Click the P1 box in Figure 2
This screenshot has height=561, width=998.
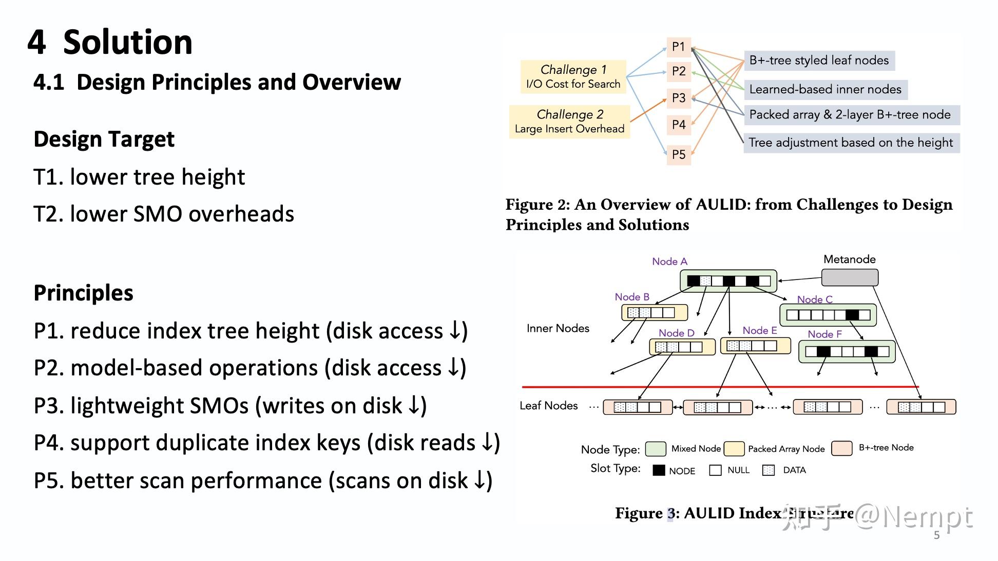(679, 47)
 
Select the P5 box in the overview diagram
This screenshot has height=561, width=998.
(679, 154)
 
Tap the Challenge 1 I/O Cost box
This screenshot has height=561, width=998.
(573, 77)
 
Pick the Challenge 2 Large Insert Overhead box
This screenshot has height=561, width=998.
(569, 122)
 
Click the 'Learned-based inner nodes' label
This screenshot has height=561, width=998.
(825, 89)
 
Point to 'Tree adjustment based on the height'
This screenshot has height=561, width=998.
(851, 143)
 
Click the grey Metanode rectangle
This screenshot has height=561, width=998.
(850, 277)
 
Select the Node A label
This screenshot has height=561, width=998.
(669, 262)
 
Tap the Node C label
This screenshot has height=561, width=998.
(815, 299)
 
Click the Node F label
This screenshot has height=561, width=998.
(824, 334)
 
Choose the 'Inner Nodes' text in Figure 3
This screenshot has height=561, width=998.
(558, 328)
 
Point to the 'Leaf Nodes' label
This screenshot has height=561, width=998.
(548, 406)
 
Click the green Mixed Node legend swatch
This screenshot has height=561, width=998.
(656, 449)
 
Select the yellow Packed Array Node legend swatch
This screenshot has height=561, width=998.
(734, 449)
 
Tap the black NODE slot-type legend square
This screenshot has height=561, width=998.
(659, 470)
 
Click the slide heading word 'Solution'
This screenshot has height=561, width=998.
(127, 42)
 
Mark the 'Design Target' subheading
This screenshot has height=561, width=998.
(104, 139)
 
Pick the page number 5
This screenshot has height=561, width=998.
(936, 535)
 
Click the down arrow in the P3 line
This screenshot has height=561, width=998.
(414, 406)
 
